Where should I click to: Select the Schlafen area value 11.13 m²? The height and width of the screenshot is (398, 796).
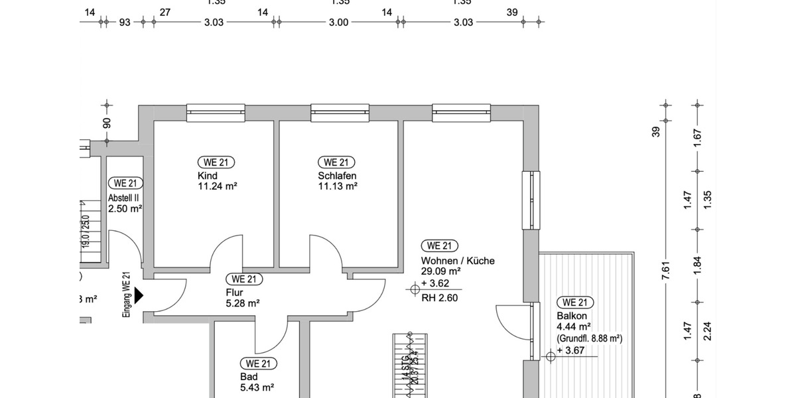[338, 186]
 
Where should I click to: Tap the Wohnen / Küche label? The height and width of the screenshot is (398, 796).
[458, 261]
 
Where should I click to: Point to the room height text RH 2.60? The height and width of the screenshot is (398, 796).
[440, 298]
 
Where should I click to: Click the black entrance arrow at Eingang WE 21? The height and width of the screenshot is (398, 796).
[139, 295]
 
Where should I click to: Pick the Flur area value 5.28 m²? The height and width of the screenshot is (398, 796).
[242, 303]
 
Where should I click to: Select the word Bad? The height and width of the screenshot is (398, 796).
[248, 377]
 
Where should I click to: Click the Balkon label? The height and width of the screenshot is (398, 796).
[571, 316]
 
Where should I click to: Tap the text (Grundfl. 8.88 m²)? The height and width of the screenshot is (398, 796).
[589, 338]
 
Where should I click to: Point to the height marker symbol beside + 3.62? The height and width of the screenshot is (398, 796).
[415, 288]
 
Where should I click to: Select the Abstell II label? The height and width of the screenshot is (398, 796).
[123, 198]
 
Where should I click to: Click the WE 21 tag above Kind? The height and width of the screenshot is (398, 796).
[216, 163]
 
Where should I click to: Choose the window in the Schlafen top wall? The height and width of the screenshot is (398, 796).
[340, 113]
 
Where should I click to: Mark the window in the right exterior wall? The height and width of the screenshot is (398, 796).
[531, 199]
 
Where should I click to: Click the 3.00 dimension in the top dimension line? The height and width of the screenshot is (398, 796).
[338, 22]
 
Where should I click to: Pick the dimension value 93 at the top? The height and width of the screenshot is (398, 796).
[124, 22]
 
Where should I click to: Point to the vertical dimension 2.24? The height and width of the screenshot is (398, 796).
[706, 330]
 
